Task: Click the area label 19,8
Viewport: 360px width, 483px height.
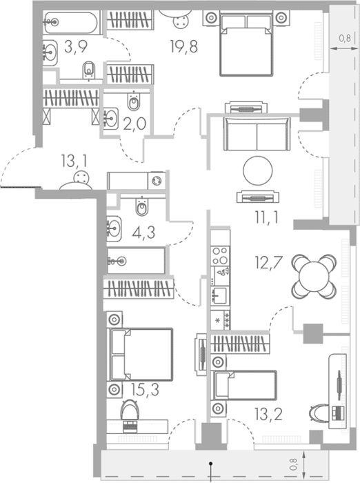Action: [184, 46]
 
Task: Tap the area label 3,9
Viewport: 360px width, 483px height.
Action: [76, 46]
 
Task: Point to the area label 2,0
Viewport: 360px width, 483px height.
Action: [134, 124]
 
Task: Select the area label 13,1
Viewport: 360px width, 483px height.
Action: [74, 161]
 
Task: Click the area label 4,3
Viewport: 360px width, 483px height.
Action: [143, 233]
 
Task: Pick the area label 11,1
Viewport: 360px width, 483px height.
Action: [267, 217]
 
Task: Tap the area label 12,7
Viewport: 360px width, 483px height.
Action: [268, 262]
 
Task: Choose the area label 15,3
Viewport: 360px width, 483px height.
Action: [145, 390]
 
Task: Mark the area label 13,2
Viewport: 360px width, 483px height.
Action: [268, 414]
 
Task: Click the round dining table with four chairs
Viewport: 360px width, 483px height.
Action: [314, 276]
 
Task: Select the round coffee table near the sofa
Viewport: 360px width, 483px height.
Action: [258, 170]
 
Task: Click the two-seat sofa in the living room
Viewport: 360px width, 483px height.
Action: [257, 134]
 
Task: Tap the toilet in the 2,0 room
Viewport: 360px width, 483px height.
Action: [134, 101]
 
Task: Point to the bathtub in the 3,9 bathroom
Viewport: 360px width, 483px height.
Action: [71, 23]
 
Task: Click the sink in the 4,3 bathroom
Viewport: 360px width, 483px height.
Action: [114, 228]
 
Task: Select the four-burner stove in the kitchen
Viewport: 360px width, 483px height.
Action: [220, 256]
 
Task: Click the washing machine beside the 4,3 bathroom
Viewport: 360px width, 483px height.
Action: [157, 181]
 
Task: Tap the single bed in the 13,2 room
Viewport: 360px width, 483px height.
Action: [244, 385]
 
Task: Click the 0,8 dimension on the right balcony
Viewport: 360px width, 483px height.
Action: [345, 39]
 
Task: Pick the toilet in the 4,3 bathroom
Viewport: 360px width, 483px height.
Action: [142, 206]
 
